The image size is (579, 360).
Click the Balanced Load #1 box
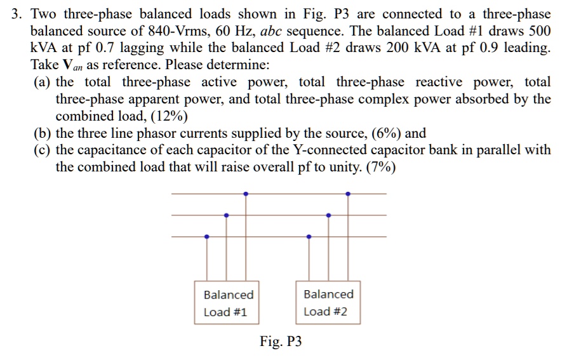click(228, 303)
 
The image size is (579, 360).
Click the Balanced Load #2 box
click(328, 303)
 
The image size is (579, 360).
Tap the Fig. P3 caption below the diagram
click(281, 342)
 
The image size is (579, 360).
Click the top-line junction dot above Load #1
click(246, 193)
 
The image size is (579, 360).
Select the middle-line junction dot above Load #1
click(226, 215)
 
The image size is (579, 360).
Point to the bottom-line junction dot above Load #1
click(206, 237)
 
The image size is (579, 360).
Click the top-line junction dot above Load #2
click(347, 193)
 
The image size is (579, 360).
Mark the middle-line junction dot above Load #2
click(328, 215)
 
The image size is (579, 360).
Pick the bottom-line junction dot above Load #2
click(309, 237)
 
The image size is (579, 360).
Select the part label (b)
click(43, 133)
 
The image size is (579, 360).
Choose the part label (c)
click(43, 150)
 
